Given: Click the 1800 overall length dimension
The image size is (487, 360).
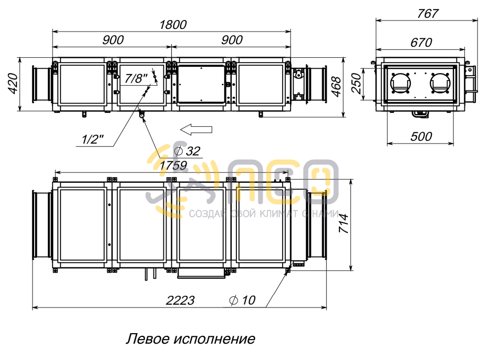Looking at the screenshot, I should coord(172,25).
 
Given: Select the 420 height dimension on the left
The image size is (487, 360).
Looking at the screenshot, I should coord(13,84).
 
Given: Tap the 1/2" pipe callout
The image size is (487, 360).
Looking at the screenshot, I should coord(93,139).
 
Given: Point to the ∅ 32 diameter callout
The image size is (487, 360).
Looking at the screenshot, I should coord(186,151).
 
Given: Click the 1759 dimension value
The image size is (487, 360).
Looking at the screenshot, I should coord(173,166).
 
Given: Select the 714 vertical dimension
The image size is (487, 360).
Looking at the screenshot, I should coord(344,224).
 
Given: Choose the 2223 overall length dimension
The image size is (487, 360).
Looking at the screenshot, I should coord(180,301).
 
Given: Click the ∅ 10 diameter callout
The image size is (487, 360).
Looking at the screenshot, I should coord(242,300).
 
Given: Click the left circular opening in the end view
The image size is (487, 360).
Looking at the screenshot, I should coord(401,82).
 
